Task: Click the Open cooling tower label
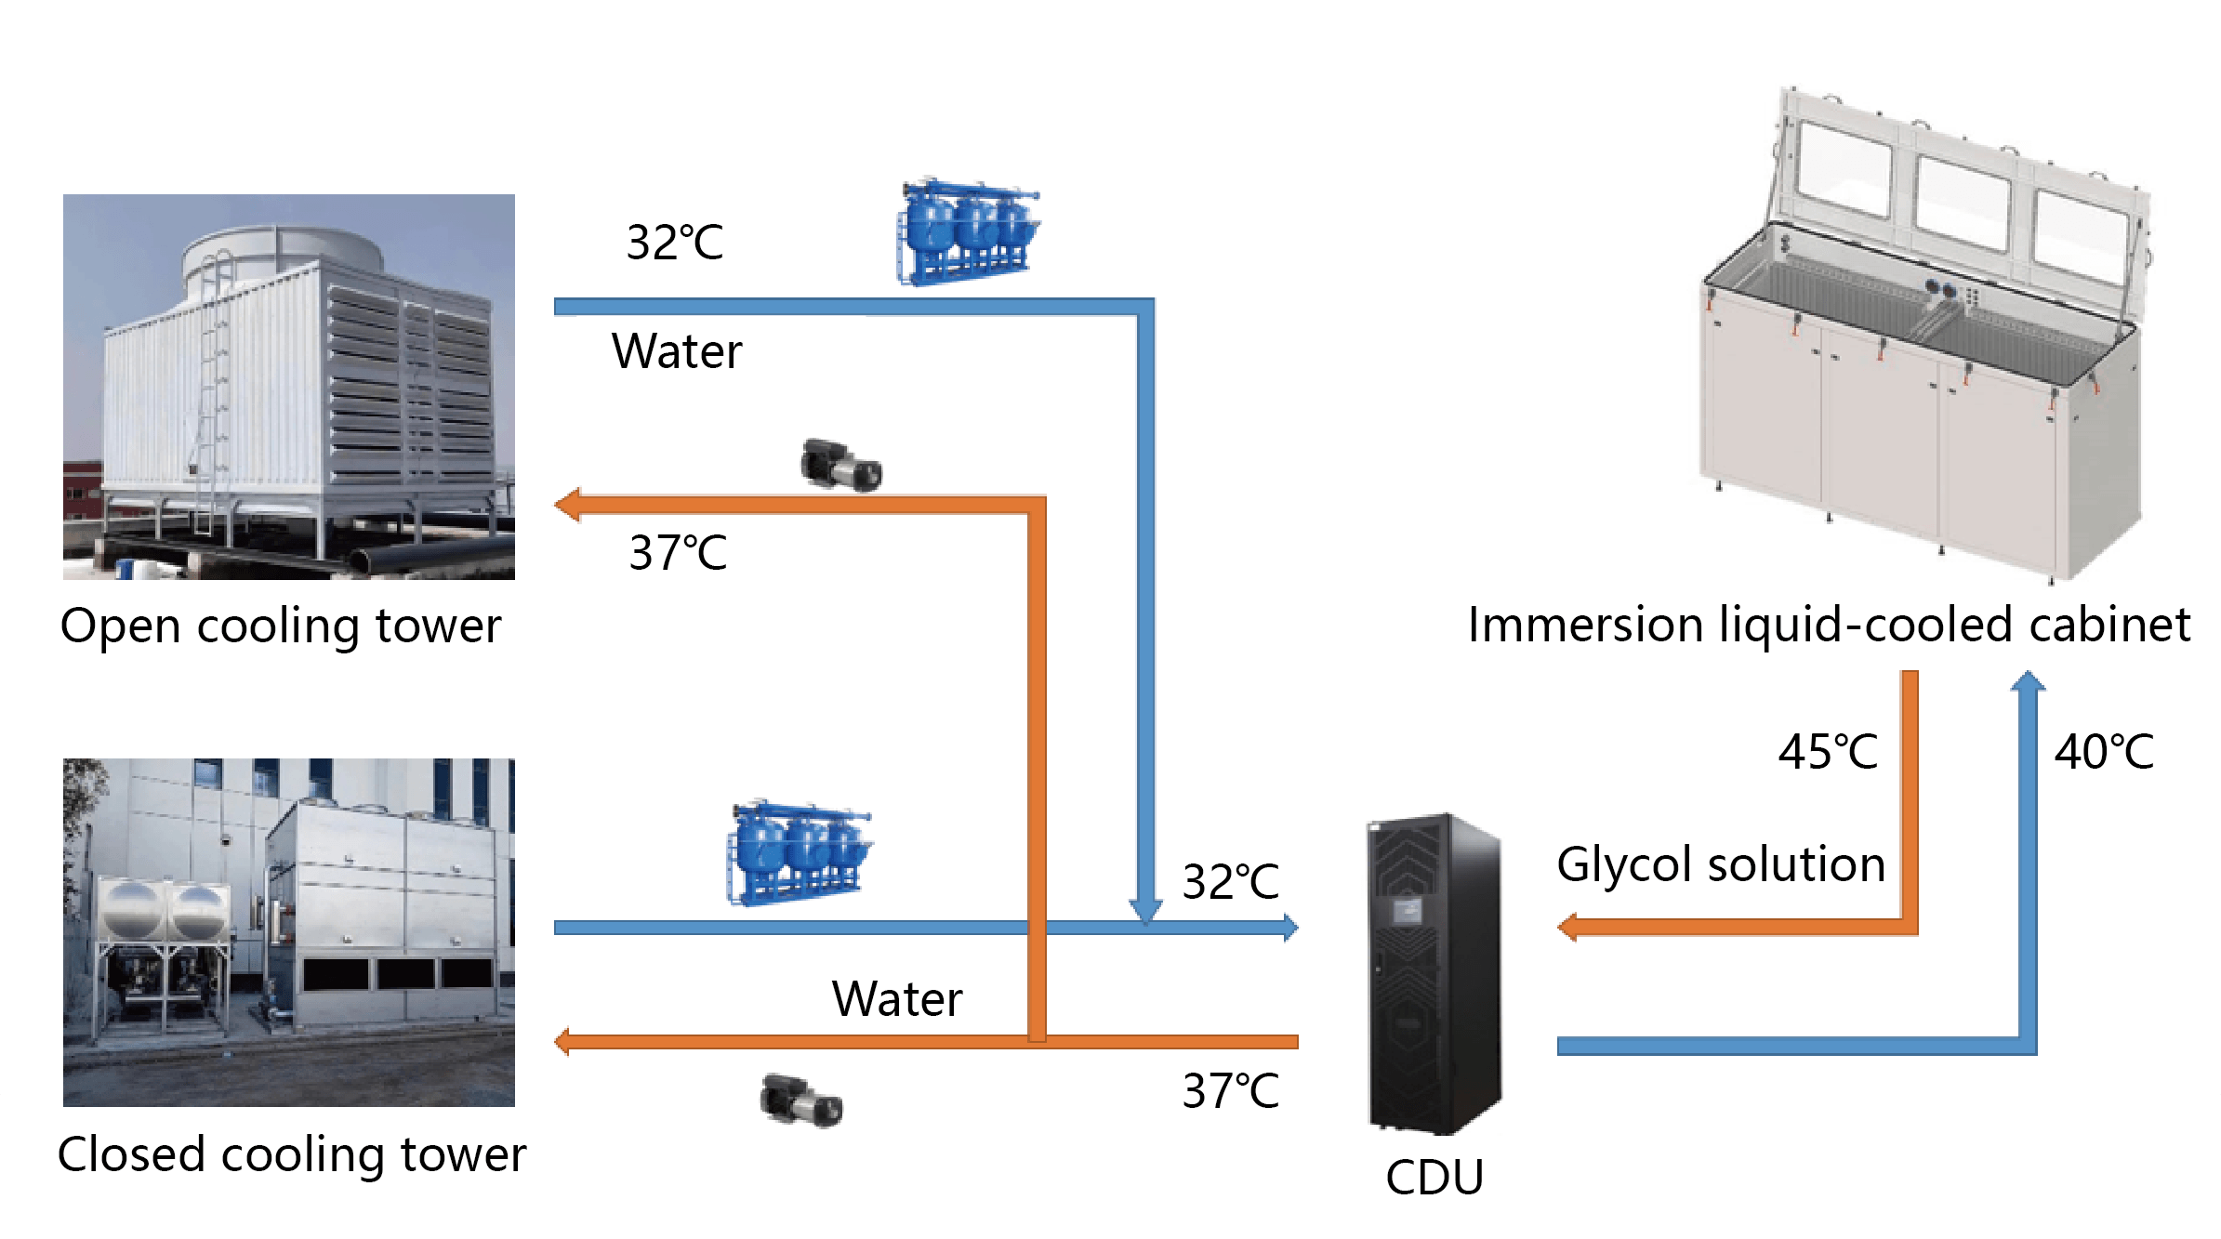281,626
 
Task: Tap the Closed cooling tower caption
292,1154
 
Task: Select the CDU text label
1434,1177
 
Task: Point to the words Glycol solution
1721,864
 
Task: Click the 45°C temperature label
1828,751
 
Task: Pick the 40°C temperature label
2104,751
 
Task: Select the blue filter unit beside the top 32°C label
968,232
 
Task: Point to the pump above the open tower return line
841,465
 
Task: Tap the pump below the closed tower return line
801,1101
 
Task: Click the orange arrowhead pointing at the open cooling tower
568,505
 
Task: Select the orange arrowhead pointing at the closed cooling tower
563,1041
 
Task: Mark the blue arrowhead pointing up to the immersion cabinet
2028,682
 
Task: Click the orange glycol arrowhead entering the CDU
1568,927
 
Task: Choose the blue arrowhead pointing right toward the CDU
1289,927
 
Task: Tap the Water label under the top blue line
677,351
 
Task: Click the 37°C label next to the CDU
1230,1090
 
